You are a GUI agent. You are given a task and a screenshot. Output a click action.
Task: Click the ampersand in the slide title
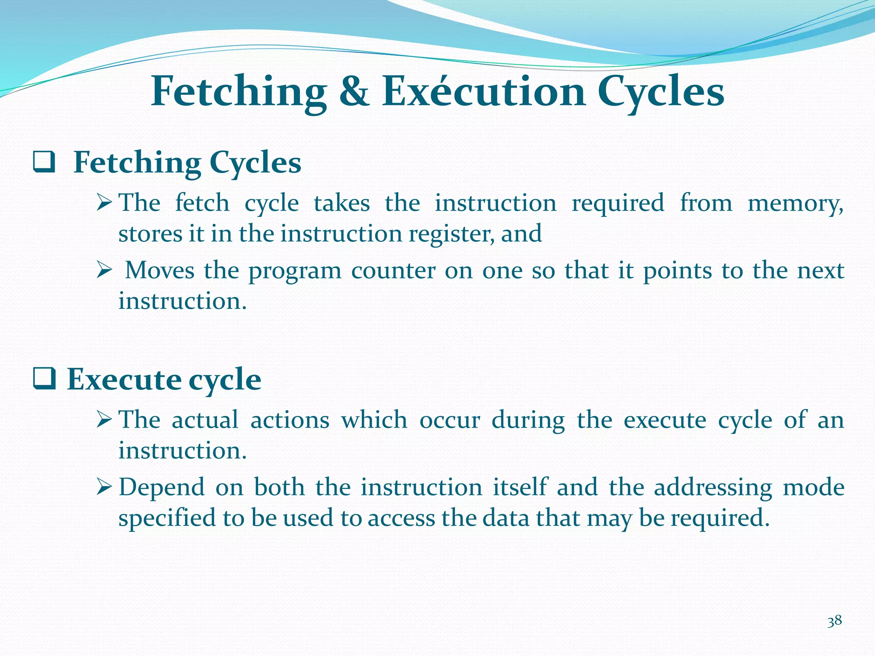pos(354,92)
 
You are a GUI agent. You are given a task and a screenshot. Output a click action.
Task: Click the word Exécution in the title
pos(483,91)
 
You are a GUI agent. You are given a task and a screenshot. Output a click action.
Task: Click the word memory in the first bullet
pos(795,203)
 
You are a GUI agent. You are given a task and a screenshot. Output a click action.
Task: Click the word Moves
pos(159,271)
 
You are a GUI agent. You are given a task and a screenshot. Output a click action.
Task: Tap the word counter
pos(393,271)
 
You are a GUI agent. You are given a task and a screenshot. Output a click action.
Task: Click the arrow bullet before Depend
pos(104,487)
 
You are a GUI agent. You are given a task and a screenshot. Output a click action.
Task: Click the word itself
pos(520,487)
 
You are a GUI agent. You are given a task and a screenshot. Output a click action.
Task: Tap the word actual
pos(205,420)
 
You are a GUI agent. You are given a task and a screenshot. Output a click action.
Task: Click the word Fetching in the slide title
pos(238,92)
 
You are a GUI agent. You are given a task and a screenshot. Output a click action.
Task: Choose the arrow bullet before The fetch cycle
pos(104,202)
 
